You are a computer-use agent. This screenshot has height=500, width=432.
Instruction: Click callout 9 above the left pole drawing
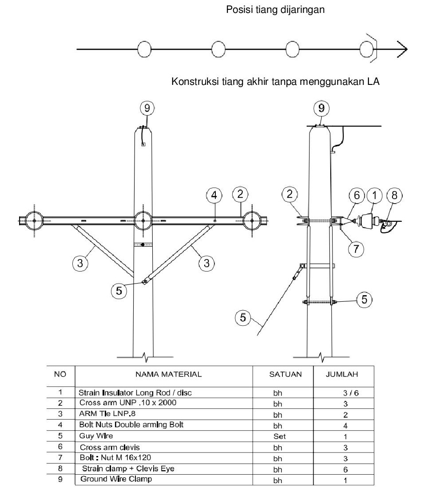point(147,108)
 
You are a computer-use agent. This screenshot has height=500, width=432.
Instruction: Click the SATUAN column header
point(285,374)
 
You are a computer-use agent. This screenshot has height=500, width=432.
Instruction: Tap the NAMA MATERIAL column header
point(168,374)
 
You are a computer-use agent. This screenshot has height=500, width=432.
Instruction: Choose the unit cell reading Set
point(279,436)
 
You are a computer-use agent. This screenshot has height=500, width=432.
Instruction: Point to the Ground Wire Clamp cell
point(116,479)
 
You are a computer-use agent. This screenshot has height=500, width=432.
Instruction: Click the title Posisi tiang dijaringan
point(276,10)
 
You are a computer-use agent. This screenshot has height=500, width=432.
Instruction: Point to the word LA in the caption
point(373,82)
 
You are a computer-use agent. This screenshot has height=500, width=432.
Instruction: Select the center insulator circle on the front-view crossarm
point(143,220)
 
